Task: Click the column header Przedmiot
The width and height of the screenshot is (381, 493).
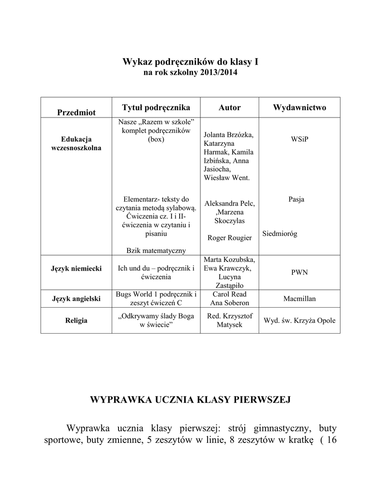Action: pyautogui.click(x=77, y=112)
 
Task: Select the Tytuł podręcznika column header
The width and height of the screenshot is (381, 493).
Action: pyautogui.click(x=156, y=107)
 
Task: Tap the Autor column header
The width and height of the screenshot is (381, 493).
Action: pyautogui.click(x=229, y=107)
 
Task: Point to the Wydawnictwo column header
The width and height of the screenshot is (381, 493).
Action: pyautogui.click(x=299, y=107)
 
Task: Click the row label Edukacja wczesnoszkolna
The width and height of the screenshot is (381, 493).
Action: pyautogui.click(x=77, y=143)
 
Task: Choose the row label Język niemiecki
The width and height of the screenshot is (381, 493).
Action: pyautogui.click(x=77, y=268)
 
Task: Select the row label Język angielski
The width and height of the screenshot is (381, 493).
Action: pyautogui.click(x=77, y=298)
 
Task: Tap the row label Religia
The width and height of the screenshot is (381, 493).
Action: pyautogui.click(x=77, y=321)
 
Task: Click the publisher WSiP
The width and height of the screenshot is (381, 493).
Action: pyautogui.click(x=299, y=139)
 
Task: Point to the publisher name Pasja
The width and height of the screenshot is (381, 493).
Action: pyautogui.click(x=296, y=199)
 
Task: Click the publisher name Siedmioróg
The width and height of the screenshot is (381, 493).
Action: pyautogui.click(x=280, y=234)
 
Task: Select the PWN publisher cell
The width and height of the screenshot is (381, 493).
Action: pyautogui.click(x=299, y=272)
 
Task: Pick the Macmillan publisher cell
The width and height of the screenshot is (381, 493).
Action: pyautogui.click(x=299, y=298)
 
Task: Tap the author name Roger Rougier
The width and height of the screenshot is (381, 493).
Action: pyautogui.click(x=229, y=238)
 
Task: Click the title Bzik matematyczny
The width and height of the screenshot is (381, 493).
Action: pyautogui.click(x=156, y=250)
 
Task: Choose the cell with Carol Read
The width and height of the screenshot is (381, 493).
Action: pyautogui.click(x=229, y=294)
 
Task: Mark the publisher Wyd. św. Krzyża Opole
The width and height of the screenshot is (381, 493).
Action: pyautogui.click(x=299, y=321)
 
